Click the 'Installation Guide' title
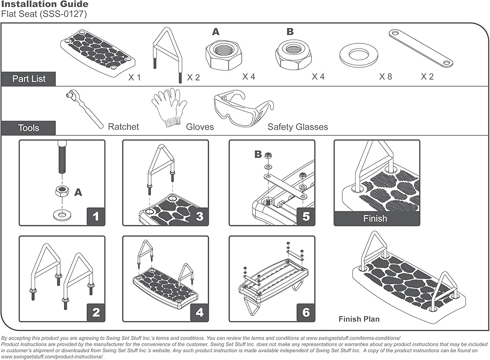click(x=45, y=4)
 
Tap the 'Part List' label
click(x=28, y=78)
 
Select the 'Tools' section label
click(x=28, y=128)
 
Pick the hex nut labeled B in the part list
click(x=294, y=55)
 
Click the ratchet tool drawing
click(x=84, y=108)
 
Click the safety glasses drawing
click(x=243, y=108)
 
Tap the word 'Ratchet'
click(x=123, y=127)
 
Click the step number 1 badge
click(x=96, y=216)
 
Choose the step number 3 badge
click(x=199, y=216)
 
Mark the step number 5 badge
click(x=306, y=216)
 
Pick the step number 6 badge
click(x=306, y=312)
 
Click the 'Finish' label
click(x=375, y=218)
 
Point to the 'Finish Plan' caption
click(x=359, y=319)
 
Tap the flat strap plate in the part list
click(x=420, y=48)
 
